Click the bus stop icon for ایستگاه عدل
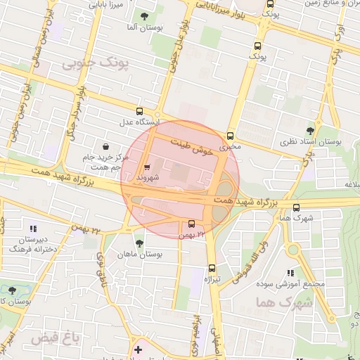(139, 111)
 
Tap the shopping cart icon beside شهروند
(146, 167)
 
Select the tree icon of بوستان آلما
(144, 16)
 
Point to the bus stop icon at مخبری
(230, 136)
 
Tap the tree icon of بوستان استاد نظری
(310, 129)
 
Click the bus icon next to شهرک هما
(296, 207)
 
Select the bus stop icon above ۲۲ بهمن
(192, 224)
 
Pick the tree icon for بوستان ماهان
(139, 243)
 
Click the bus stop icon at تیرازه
(212, 267)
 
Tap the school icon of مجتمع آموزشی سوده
(290, 274)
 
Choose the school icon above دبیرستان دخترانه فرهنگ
(32, 228)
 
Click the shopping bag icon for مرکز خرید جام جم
(105, 146)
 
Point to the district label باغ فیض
(53, 339)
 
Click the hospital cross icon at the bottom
(138, 349)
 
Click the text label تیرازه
(212, 279)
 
